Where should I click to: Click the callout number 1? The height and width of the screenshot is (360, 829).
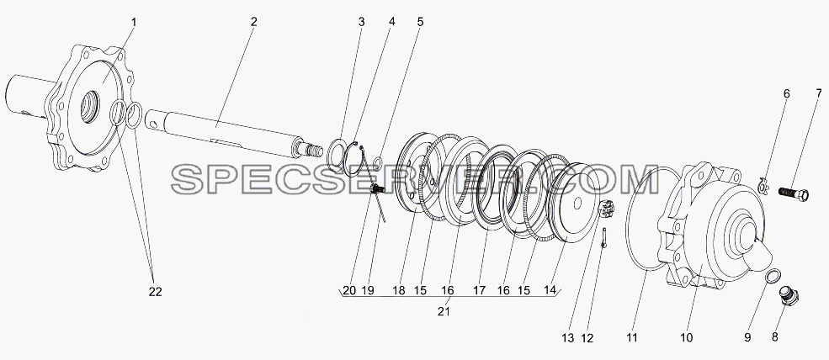point(134,22)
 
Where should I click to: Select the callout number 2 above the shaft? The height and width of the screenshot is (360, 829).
point(254,22)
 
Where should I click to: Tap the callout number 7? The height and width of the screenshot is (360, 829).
point(819,94)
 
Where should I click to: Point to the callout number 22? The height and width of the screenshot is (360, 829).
point(155,291)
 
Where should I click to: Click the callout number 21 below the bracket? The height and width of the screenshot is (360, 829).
point(444,312)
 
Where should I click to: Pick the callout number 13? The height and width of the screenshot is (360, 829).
point(567,338)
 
